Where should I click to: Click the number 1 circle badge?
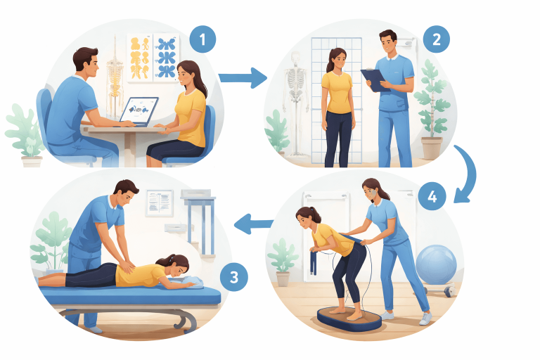(x=202, y=40)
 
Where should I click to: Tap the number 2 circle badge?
(x=436, y=40)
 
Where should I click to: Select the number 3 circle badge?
(x=233, y=277)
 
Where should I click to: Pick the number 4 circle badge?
(x=432, y=198)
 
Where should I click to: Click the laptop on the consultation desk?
(x=139, y=111)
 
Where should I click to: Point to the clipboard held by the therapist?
(x=374, y=79)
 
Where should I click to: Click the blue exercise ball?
(x=436, y=264)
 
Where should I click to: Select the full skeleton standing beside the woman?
(x=296, y=98)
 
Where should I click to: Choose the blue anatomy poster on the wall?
(x=167, y=56)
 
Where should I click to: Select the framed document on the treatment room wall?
(x=159, y=202)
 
